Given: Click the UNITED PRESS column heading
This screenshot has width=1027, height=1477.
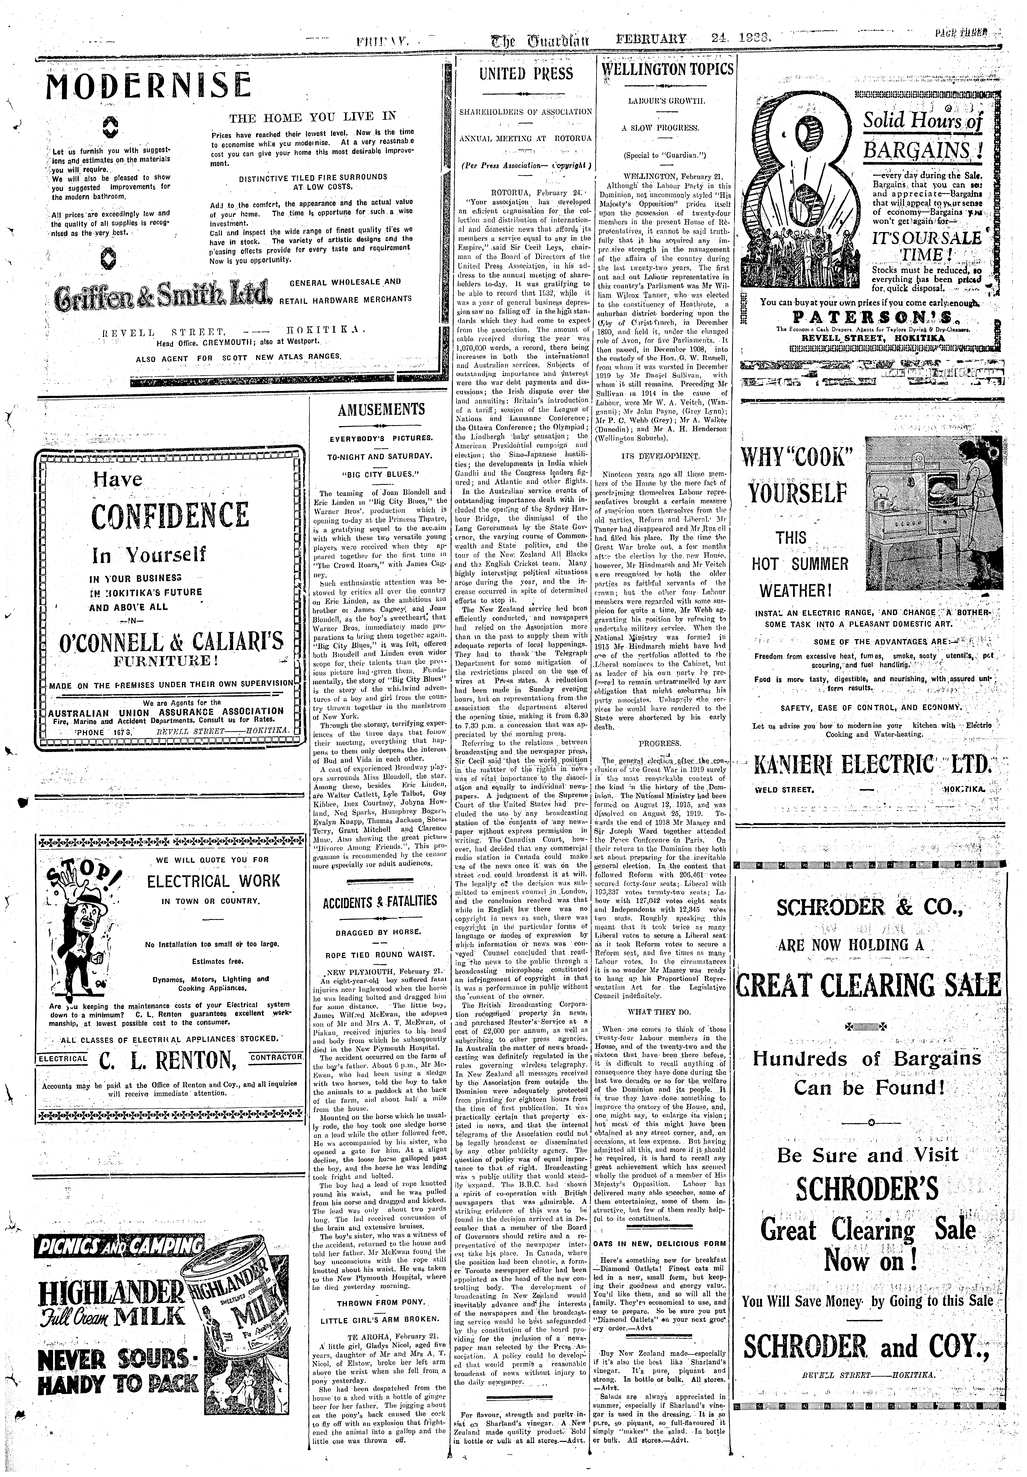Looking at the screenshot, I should point(526,73).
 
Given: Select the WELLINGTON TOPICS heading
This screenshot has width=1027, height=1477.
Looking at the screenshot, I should point(666,69).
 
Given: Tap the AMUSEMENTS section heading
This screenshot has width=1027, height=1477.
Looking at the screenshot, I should point(381,409).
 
